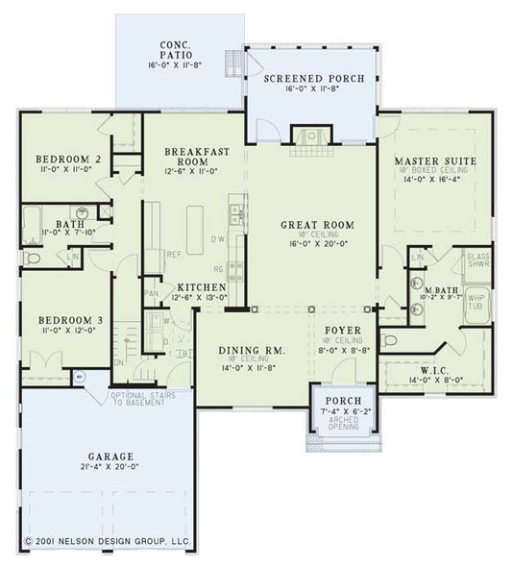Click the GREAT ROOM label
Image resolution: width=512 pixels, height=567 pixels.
click(x=316, y=224)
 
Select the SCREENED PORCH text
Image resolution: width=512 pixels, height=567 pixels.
click(x=312, y=78)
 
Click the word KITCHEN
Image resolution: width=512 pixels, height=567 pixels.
click(x=201, y=287)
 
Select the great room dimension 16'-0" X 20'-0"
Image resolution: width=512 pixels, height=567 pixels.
click(x=316, y=245)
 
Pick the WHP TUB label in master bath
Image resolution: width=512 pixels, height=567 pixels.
click(x=476, y=300)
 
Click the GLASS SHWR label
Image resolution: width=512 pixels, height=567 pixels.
click(x=477, y=261)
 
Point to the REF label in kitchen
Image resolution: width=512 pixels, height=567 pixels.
click(x=173, y=255)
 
